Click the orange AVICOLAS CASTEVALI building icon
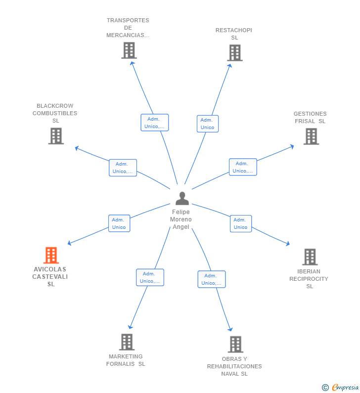[51, 255]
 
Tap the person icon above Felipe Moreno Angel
[182, 198]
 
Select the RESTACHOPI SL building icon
[235, 53]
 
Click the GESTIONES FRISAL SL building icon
[311, 136]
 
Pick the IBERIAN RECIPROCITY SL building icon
[310, 257]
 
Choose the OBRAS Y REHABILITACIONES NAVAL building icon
[236, 344]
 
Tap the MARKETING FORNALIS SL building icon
[127, 342]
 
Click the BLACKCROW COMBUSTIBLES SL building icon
[56, 136]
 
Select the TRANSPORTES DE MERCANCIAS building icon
[129, 50]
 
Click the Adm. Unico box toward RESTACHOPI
[208, 124]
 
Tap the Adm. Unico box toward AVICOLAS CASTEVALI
[119, 223]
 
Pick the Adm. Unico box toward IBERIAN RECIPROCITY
[241, 223]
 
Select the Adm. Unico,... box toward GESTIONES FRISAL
[243, 167]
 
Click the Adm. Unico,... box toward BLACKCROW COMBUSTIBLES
[123, 168]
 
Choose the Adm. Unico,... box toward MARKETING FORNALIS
[150, 277]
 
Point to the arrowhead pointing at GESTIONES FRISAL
[292, 146]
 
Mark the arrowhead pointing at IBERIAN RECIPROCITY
[288, 243]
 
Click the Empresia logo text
[345, 387]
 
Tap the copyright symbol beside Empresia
[325, 388]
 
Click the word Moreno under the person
[181, 219]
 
